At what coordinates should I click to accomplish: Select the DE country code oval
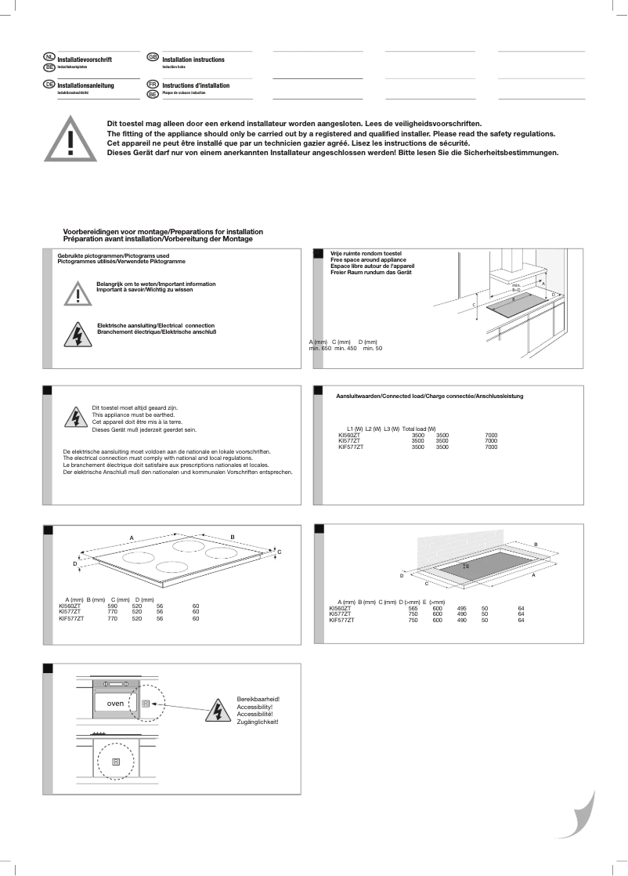49,84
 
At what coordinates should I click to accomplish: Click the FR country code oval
153,84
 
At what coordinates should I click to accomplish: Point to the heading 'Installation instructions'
193,60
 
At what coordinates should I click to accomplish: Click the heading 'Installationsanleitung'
86,85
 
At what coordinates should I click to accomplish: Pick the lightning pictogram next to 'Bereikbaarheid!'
217,710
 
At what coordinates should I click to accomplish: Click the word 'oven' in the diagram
105,703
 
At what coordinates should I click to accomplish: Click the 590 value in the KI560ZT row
112,606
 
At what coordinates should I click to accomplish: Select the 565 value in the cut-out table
413,607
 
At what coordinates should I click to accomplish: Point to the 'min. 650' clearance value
320,348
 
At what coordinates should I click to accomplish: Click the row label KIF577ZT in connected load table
351,447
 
